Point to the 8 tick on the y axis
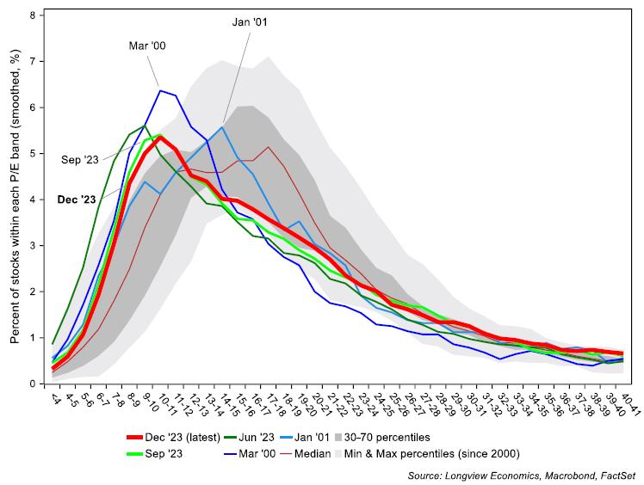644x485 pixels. (x=32, y=15)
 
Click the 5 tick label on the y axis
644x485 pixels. (x=32, y=154)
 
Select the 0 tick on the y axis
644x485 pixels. (x=32, y=384)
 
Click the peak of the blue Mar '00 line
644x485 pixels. (x=160, y=90)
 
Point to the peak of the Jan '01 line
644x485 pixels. (x=222, y=127)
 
